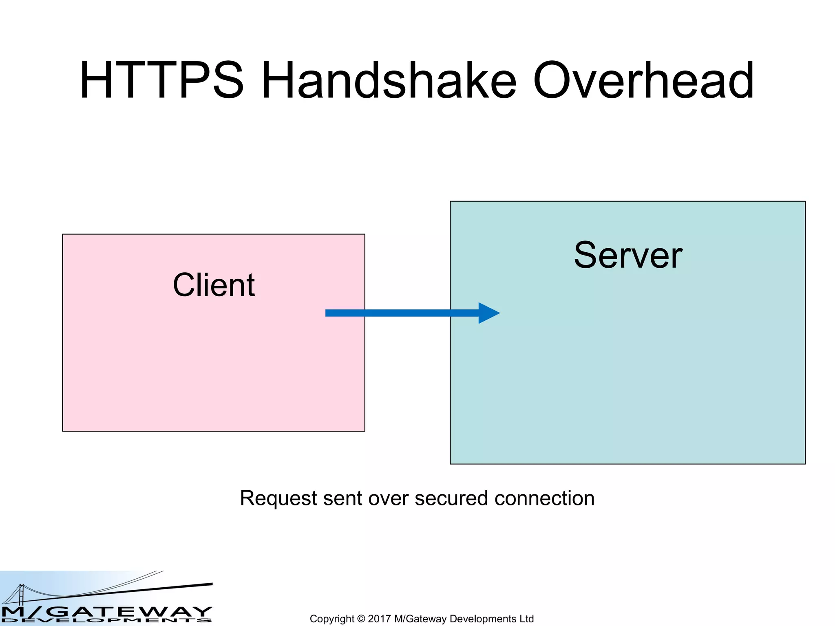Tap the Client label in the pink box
tap(214, 285)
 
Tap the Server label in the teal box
tap(628, 255)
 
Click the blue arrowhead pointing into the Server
tap(488, 313)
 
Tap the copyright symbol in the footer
tap(361, 619)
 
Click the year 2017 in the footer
tap(379, 619)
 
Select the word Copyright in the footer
tap(332, 619)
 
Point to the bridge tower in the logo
tap(21, 594)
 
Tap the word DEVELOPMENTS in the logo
tap(106, 621)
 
